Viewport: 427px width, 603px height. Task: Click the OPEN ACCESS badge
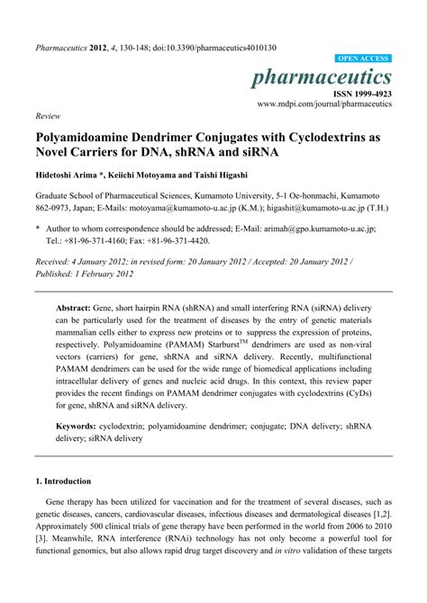(363, 56)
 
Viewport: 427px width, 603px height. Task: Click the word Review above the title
(46, 117)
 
